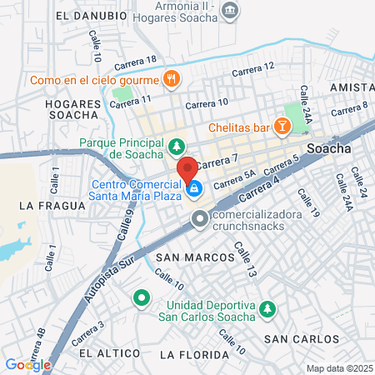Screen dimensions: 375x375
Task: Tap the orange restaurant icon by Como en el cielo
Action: [x=171, y=80]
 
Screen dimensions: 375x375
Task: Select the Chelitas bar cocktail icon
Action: [x=283, y=127]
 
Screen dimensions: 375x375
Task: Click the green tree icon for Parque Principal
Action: [x=177, y=148]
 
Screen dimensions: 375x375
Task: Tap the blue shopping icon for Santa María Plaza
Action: [x=193, y=190]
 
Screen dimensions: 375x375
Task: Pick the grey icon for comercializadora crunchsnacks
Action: [x=199, y=220]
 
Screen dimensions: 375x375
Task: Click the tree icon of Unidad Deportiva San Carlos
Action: [x=267, y=309]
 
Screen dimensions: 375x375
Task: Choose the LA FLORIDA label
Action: [x=192, y=355]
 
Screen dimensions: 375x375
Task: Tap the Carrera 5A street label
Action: [x=234, y=181]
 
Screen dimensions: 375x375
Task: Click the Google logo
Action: [x=27, y=364]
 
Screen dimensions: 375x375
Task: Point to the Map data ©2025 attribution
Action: [x=338, y=368]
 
